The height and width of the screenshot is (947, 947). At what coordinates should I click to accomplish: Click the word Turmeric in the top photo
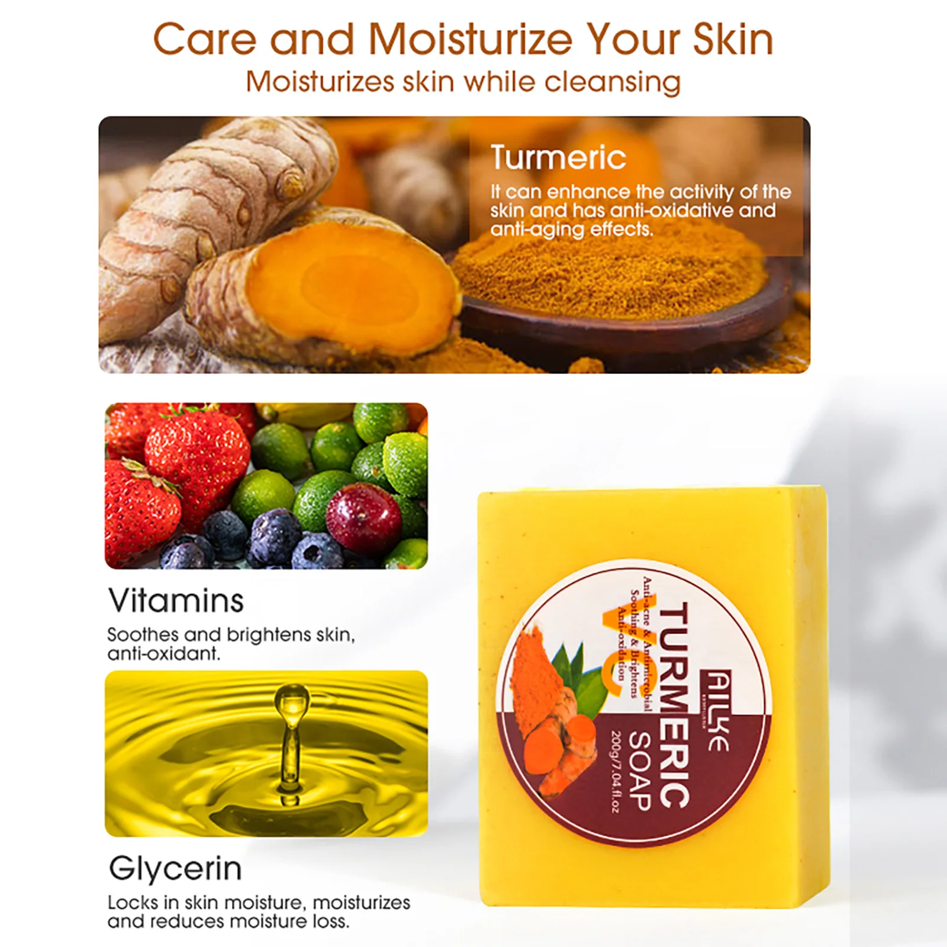coord(558,157)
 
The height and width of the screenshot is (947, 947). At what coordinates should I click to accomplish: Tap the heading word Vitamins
coord(176,601)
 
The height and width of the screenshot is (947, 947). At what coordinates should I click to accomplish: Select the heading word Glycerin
coord(175,869)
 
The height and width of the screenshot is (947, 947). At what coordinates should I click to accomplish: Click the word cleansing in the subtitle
coord(612,82)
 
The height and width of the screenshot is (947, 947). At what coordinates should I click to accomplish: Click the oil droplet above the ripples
coord(291,701)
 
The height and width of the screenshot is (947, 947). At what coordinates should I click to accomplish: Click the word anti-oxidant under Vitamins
coord(163,653)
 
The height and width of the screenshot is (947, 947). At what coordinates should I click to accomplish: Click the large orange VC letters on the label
coord(613,651)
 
